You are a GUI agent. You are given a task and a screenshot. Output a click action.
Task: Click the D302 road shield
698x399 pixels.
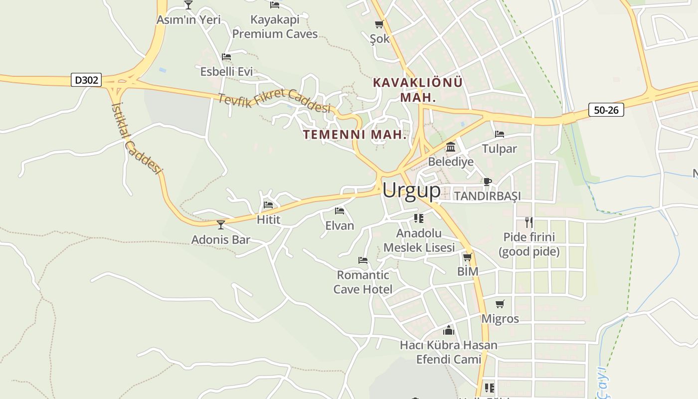tap(87, 80)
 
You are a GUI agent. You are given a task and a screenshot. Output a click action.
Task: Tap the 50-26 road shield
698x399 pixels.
tap(606, 110)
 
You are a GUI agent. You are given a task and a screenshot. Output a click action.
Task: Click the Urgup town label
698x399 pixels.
tap(411, 191)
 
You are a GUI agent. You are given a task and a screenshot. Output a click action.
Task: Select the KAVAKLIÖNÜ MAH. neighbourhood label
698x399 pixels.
tap(418, 89)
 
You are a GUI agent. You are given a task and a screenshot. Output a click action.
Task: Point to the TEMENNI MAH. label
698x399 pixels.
tap(354, 135)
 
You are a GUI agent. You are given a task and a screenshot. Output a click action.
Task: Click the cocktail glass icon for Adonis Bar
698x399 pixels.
tap(221, 224)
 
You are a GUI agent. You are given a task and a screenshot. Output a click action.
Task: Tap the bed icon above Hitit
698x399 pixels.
tap(268, 205)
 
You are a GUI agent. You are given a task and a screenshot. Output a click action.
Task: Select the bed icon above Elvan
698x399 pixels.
tap(340, 211)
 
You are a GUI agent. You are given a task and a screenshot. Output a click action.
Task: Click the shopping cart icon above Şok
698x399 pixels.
tap(379, 24)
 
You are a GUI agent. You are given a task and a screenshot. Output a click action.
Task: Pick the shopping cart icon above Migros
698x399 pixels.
tap(500, 304)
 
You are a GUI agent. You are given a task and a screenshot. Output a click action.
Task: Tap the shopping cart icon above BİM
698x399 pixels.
tap(467, 257)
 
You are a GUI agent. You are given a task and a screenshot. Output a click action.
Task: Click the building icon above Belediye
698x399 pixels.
tap(451, 147)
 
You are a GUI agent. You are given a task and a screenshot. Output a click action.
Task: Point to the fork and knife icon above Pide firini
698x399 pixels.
tap(529, 222)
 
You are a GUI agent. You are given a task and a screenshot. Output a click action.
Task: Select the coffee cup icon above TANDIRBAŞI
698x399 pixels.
tap(487, 182)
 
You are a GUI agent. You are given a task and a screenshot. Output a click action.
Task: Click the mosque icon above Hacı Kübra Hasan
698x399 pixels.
tap(449, 330)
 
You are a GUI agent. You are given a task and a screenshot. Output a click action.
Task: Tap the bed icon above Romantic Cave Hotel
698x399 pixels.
tap(363, 260)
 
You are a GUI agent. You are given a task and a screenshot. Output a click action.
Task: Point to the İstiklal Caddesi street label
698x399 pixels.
tap(137, 139)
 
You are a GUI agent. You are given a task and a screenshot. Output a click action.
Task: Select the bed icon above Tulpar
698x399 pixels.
tap(499, 134)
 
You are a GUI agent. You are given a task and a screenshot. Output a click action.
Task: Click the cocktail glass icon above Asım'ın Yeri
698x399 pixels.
tap(188, 5)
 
